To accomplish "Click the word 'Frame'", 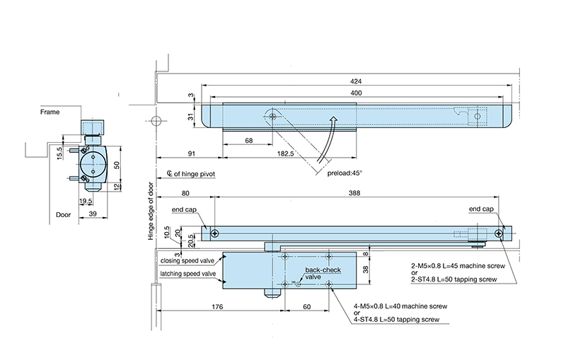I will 50,112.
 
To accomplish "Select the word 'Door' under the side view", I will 65,214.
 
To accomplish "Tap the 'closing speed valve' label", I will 186,260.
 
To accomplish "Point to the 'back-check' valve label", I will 319,271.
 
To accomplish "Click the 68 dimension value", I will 248,141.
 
